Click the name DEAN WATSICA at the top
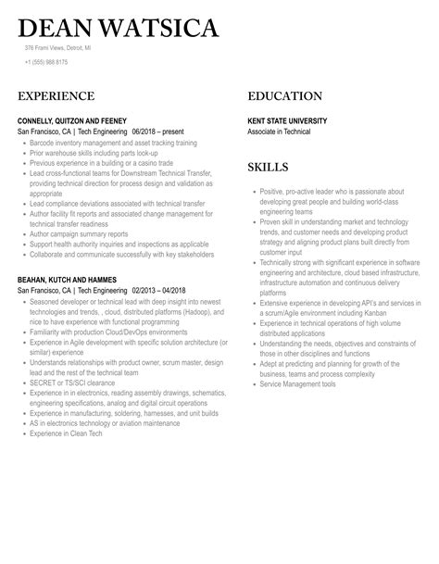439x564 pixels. pos(118,29)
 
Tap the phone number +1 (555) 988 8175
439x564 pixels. pos(46,62)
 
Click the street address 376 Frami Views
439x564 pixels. pos(57,48)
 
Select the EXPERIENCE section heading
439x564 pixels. pos(56,96)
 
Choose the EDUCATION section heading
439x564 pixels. pos(285,96)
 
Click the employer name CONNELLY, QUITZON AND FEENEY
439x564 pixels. pos(72,121)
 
